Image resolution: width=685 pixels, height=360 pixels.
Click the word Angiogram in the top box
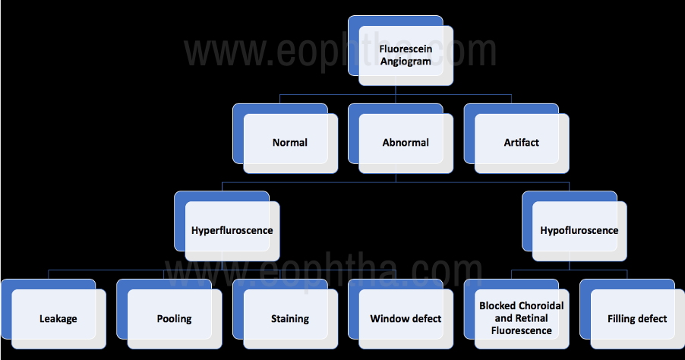(x=406, y=62)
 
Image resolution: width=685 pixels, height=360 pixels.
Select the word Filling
(x=621, y=320)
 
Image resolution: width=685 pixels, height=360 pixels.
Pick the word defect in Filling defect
(x=653, y=319)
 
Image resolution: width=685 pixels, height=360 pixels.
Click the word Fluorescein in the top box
(x=406, y=49)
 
